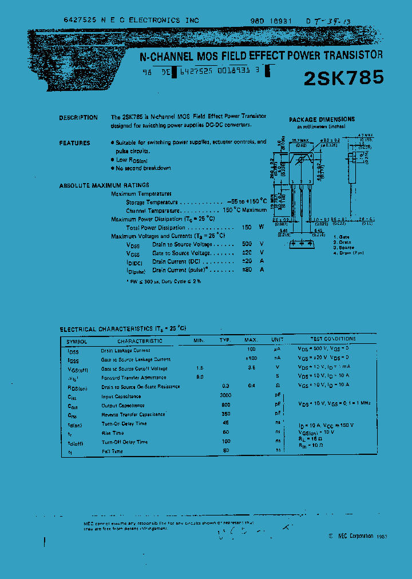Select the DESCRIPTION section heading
[x=78, y=118]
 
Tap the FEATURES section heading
[x=75, y=143]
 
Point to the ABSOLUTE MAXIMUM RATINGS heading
[x=104, y=185]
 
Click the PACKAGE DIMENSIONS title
[x=322, y=120]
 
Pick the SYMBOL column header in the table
[x=77, y=340]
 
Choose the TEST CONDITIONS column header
[x=332, y=339]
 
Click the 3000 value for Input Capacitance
[x=226, y=396]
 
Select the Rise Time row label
[x=113, y=433]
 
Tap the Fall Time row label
[x=112, y=451]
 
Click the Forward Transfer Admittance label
[x=134, y=378]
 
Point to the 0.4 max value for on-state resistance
[x=251, y=386]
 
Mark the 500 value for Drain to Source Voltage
[x=247, y=244]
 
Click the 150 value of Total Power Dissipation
[x=247, y=227]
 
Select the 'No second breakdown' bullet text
[x=143, y=168]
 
